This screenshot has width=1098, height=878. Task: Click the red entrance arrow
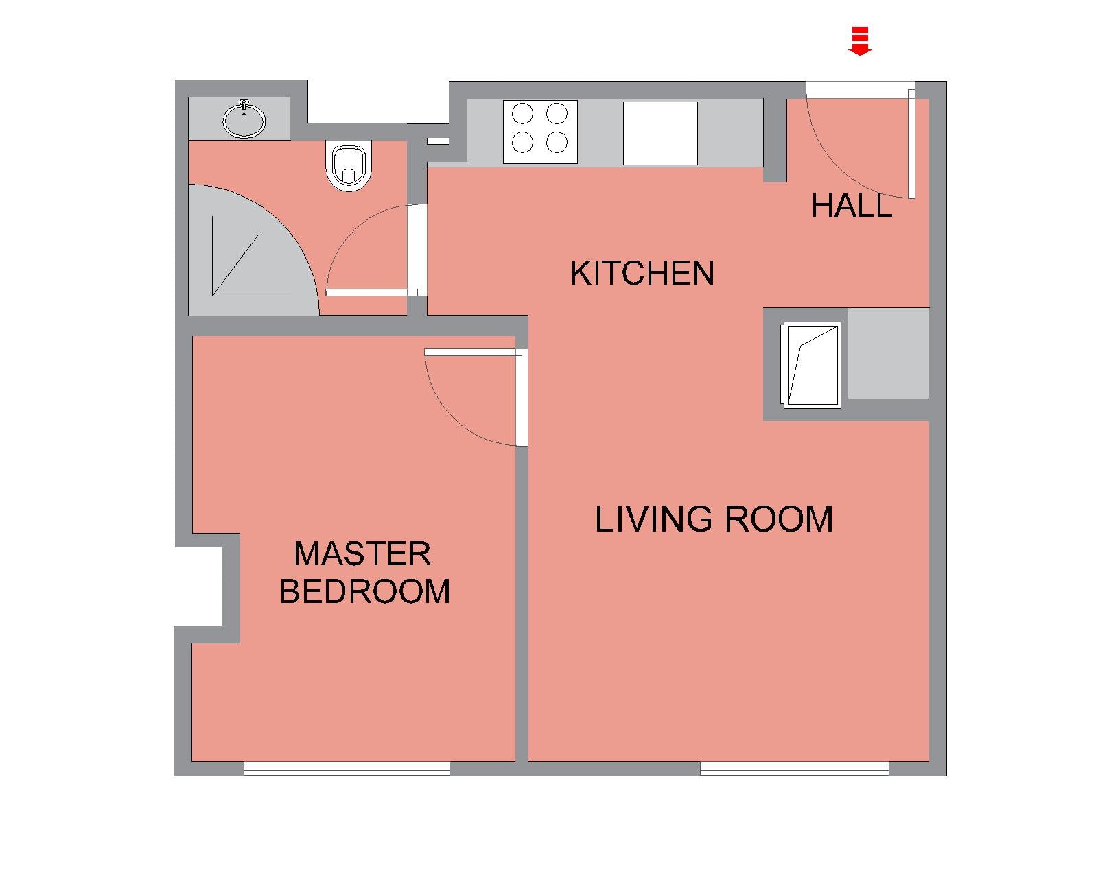tap(860, 40)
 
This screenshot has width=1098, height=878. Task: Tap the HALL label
tap(852, 206)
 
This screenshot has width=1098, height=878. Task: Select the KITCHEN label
tap(642, 273)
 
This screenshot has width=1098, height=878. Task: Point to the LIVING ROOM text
tap(714, 519)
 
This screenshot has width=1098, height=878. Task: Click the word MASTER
tap(363, 554)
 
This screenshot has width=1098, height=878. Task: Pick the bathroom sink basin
tap(244, 119)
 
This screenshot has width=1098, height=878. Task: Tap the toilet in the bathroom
tap(349, 166)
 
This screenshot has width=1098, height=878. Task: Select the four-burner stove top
tap(540, 132)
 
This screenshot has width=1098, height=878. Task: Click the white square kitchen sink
tap(660, 133)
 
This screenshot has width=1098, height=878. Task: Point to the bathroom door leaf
tap(371, 292)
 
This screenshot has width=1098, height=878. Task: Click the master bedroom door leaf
tap(473, 352)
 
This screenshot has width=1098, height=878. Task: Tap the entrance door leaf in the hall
tap(911, 143)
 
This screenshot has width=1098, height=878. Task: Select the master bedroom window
tap(347, 769)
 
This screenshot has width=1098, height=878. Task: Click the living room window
tap(795, 769)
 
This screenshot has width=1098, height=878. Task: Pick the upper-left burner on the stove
tap(522, 113)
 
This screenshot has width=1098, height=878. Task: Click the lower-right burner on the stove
tap(557, 142)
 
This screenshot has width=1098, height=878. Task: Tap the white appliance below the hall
tap(811, 365)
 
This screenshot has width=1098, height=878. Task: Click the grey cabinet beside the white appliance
tap(888, 353)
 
